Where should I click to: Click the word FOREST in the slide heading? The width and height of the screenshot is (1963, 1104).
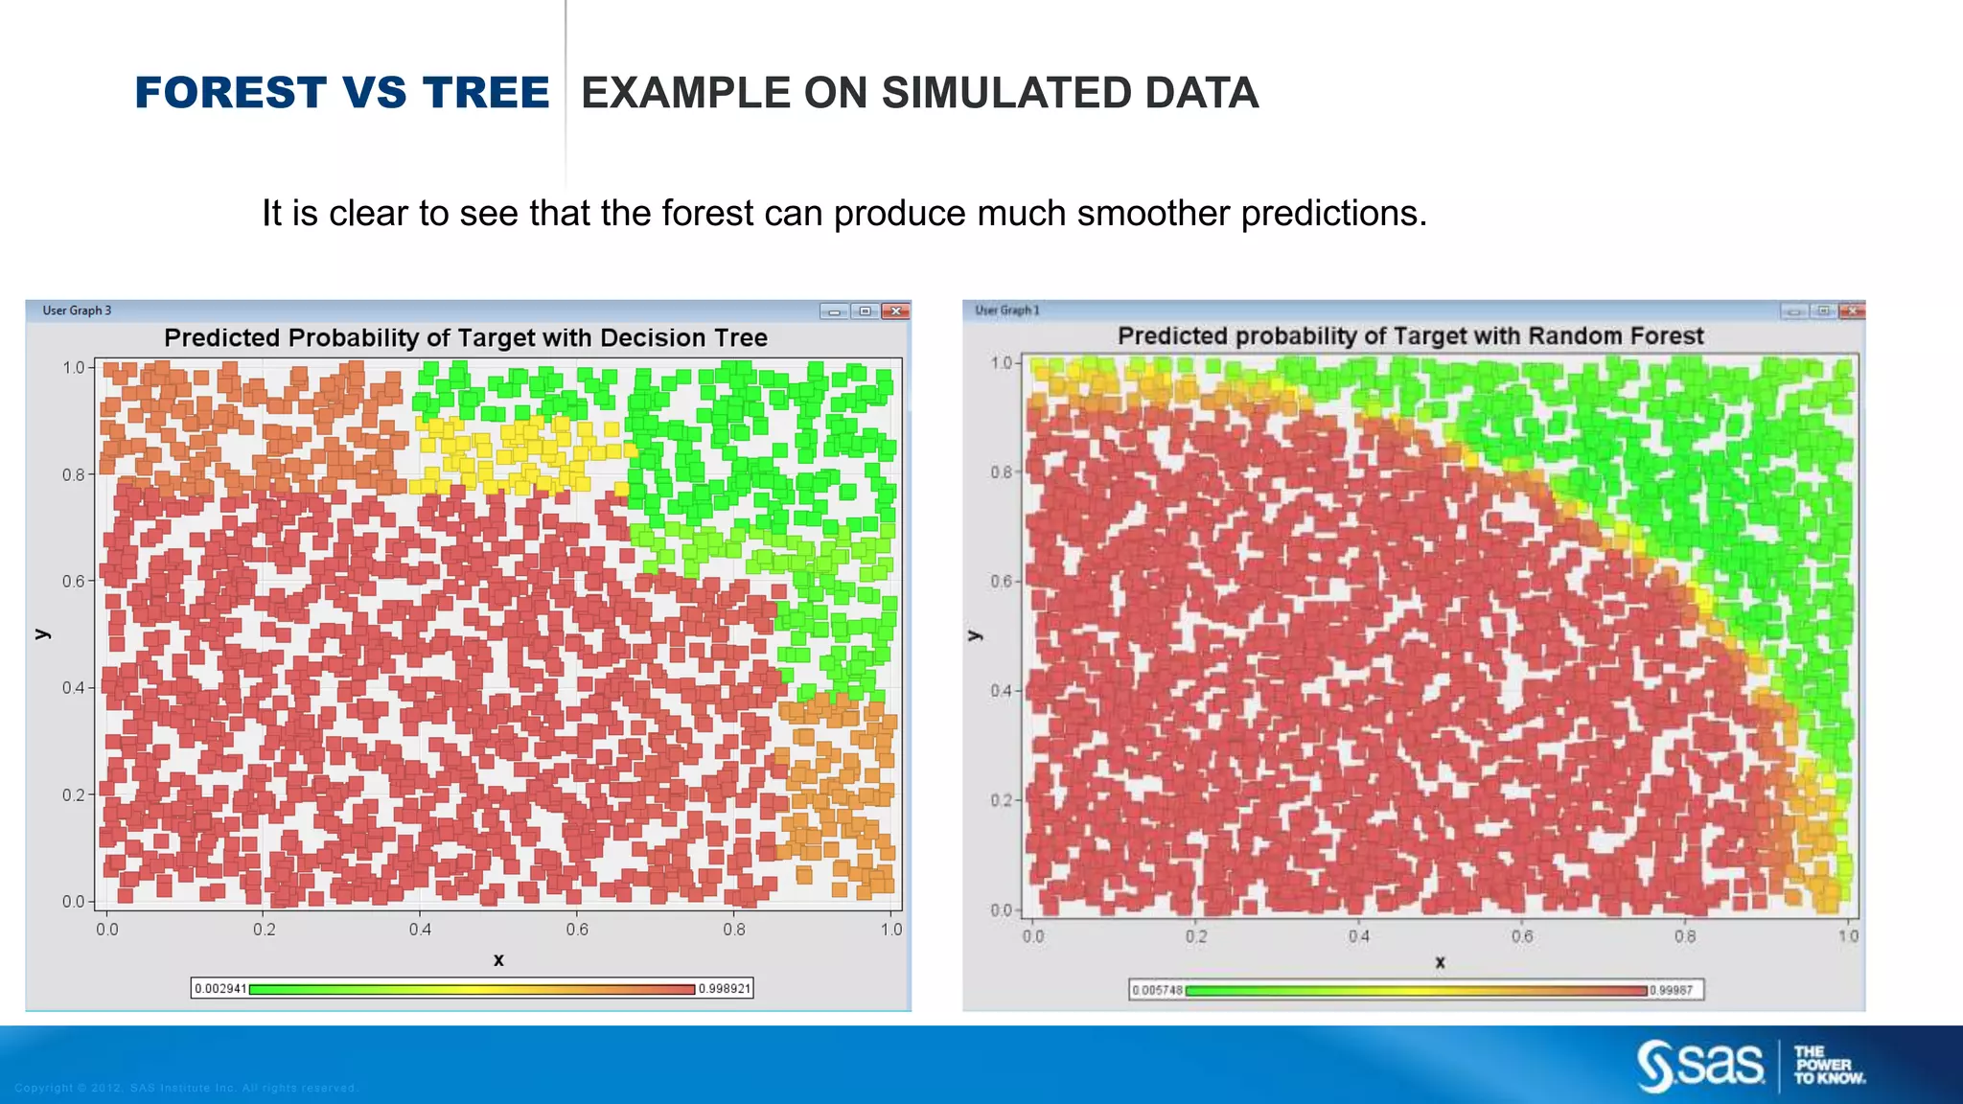click(231, 93)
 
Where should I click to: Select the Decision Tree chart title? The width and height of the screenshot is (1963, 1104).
click(466, 338)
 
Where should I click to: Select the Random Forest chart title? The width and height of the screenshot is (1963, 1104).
click(1410, 336)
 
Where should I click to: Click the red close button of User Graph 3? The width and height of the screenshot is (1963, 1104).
click(896, 311)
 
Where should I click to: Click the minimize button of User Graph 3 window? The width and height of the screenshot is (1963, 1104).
click(834, 311)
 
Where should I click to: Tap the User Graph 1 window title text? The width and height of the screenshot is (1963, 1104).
click(1006, 310)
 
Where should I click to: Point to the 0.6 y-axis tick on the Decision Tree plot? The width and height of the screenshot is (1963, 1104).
click(74, 582)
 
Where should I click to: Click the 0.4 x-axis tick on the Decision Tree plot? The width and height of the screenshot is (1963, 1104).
click(420, 930)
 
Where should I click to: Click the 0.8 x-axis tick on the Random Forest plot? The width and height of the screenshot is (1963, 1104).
click(1685, 936)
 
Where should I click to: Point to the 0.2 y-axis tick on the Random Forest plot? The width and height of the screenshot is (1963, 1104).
click(1002, 800)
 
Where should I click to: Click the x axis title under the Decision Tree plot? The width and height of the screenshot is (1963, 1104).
click(498, 960)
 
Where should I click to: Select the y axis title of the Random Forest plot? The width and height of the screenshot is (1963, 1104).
click(975, 635)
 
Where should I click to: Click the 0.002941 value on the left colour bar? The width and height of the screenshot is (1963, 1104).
click(220, 989)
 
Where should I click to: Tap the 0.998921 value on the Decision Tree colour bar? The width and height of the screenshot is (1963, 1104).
click(724, 989)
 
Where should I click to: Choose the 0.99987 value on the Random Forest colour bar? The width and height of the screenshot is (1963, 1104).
click(1673, 990)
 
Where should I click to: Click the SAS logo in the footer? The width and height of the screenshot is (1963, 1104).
click(1700, 1066)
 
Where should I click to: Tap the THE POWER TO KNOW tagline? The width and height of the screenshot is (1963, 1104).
click(1828, 1066)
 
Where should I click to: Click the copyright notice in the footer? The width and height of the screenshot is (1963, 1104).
click(186, 1088)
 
